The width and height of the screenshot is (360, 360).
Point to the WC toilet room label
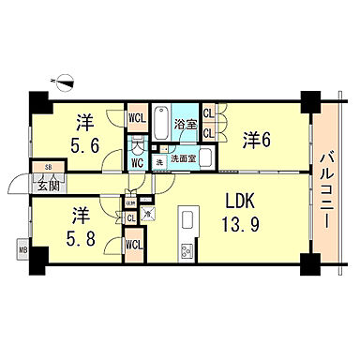pyautogui.click(x=137, y=162)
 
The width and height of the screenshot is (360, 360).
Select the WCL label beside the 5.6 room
pyautogui.click(x=137, y=118)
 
